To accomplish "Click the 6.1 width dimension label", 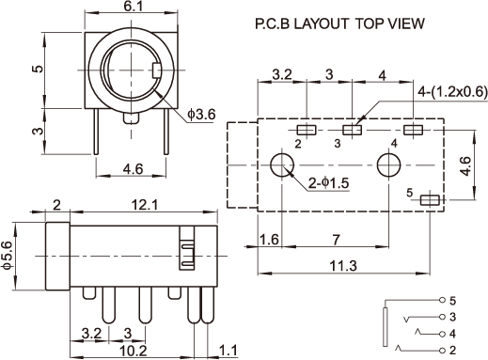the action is point(133,6).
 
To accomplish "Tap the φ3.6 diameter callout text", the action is point(201,115).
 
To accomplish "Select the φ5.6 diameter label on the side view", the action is point(7,255).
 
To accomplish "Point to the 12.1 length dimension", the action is point(145,205).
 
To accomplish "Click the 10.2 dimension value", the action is point(134,351).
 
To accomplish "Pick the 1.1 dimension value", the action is point(228,351).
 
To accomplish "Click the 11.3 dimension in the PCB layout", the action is point(343,266).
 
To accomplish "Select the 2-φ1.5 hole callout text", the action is point(328,183).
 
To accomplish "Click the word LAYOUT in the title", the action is point(321,23).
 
